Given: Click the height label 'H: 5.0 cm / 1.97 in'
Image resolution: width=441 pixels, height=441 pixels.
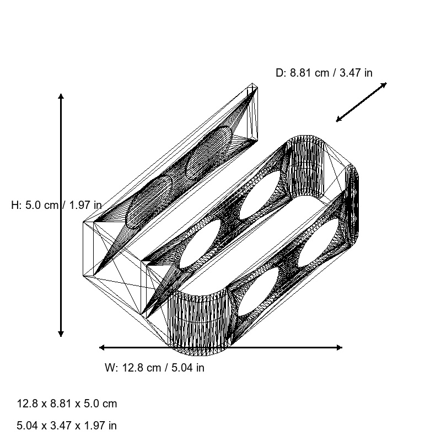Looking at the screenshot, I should [56, 205].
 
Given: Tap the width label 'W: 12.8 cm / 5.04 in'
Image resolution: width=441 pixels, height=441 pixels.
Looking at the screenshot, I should [154, 368].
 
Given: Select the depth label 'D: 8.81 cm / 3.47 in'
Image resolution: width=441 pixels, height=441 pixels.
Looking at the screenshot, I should [324, 73].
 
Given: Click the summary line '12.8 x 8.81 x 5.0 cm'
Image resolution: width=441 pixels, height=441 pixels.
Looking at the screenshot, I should [67, 404].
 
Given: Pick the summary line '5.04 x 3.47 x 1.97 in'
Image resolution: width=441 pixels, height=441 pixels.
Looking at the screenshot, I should [67, 426].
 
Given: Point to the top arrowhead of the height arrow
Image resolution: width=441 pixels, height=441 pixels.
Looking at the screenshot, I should [61, 96].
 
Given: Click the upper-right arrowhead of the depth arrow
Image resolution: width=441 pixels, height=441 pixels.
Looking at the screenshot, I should [384, 84].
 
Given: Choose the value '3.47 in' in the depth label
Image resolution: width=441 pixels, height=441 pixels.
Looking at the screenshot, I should [356, 73].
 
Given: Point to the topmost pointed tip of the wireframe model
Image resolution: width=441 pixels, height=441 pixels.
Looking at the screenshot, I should [252, 85].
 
